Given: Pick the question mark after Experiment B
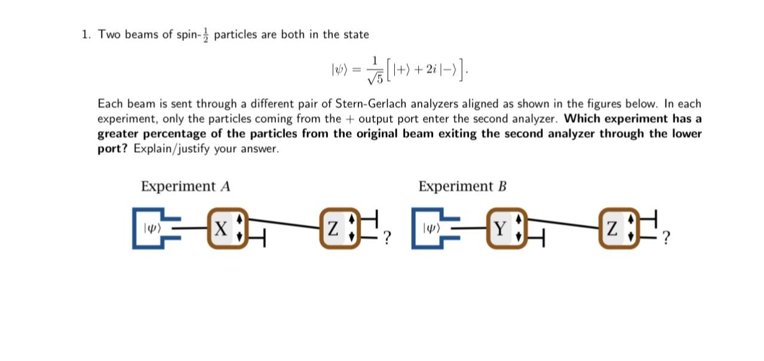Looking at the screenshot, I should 667,239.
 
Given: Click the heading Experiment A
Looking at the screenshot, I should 185,186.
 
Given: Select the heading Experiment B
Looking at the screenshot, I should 463,186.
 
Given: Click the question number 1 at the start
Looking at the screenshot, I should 85,35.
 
